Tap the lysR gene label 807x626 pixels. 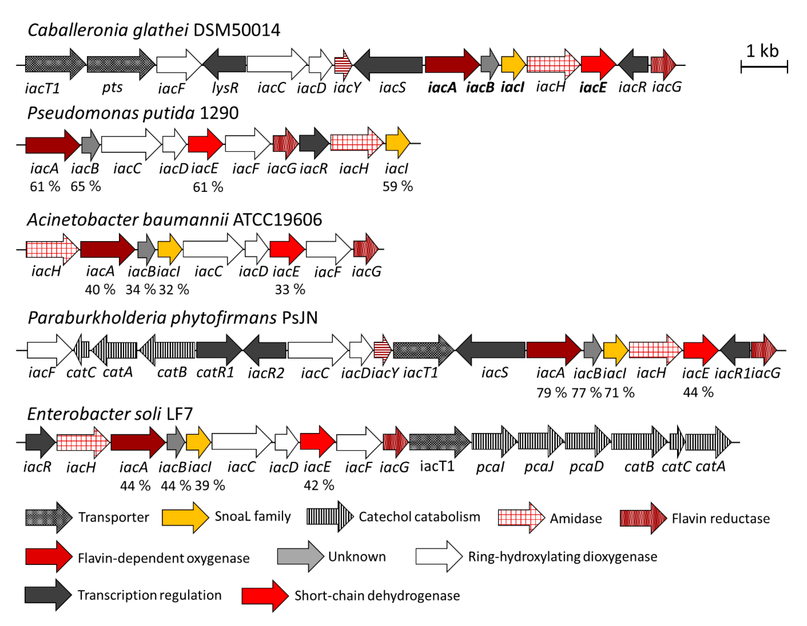(225, 88)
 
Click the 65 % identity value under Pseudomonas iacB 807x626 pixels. (86, 186)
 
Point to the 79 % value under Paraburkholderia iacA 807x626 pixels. (551, 392)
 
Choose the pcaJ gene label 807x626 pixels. (539, 467)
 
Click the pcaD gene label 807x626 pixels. (586, 467)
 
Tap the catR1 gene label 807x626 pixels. (215, 372)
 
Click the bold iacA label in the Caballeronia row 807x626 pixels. (442, 88)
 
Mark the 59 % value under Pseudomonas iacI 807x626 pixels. (398, 186)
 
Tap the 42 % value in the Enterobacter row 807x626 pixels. (319, 485)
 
